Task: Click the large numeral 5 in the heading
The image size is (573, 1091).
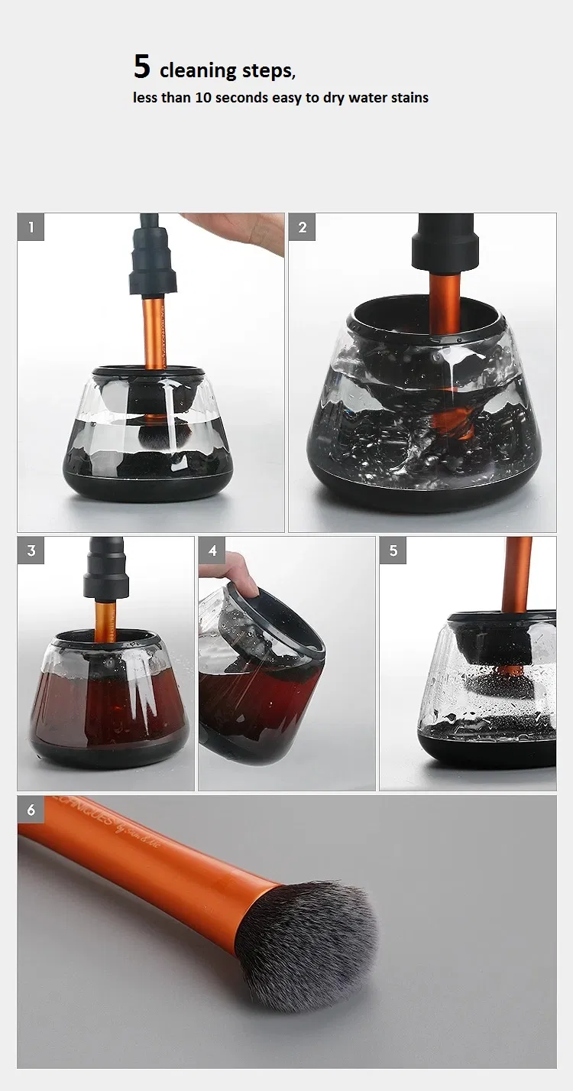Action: pos(141,67)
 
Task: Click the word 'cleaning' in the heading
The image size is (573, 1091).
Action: pos(199,71)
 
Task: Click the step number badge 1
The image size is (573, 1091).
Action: pos(31,227)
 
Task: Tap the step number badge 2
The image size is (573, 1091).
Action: pos(302,227)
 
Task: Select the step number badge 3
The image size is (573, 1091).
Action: pos(31,550)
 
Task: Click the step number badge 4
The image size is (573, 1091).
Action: pos(212,550)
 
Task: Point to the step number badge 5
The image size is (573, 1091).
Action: pos(393,550)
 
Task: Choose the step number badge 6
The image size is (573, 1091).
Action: pos(31,810)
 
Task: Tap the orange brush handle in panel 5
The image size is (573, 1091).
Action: pos(517,573)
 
